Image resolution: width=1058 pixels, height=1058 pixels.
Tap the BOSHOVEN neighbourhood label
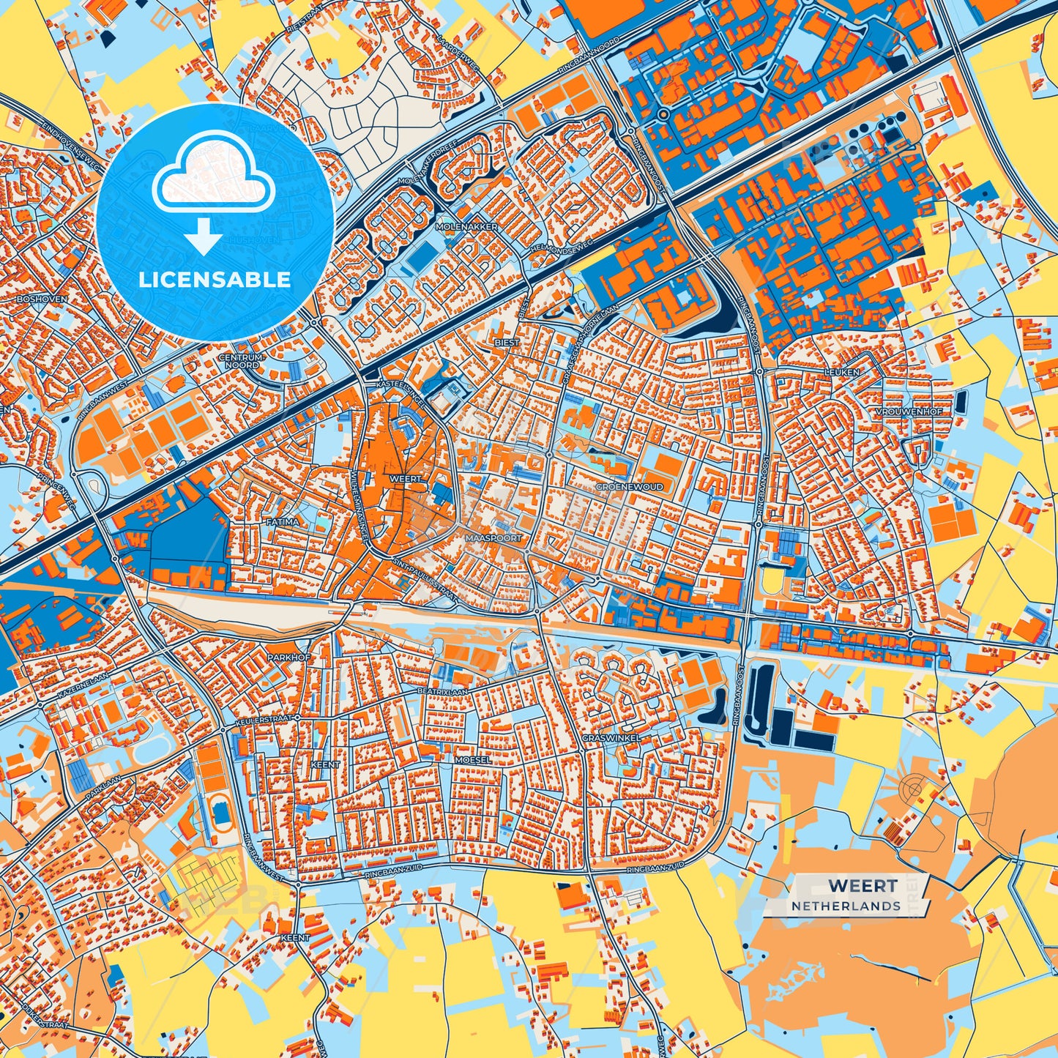[x=41, y=299]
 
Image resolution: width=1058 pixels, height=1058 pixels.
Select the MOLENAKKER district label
[x=466, y=227]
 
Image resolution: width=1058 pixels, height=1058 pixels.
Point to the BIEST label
[x=507, y=342]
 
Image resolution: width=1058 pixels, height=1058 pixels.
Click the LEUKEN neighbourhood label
[x=842, y=372]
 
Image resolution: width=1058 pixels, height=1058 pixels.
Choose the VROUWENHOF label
[x=908, y=411]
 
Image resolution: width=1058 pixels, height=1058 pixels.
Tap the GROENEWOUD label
[x=629, y=486]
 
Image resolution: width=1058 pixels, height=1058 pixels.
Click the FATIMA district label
[x=283, y=522]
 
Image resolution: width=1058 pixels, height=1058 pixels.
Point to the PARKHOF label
[x=288, y=657]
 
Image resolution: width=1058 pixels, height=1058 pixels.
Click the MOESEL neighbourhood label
[x=472, y=760]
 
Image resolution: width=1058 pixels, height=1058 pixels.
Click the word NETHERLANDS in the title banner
[x=846, y=906]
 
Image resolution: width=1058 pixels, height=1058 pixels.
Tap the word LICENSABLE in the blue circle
[x=215, y=279]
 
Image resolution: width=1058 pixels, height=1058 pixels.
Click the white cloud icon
[x=213, y=179]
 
